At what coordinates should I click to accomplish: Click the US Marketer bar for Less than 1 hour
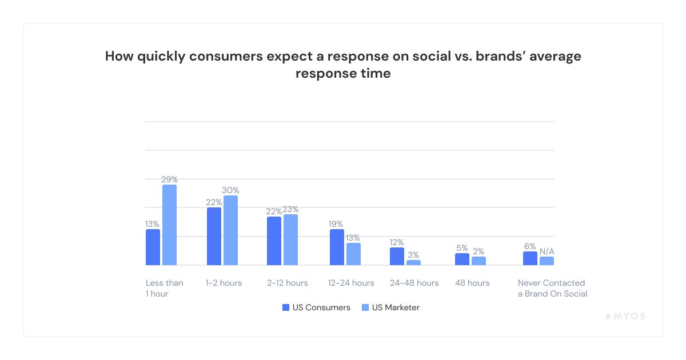tap(169, 225)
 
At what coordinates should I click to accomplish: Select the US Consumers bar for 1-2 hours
tap(214, 237)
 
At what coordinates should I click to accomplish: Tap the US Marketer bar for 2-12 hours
tap(291, 240)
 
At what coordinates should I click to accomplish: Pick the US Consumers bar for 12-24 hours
tap(337, 247)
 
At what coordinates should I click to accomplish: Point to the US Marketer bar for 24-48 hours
tap(413, 263)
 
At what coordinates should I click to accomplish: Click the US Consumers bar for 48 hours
tap(462, 259)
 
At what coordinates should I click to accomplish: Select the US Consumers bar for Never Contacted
tap(530, 258)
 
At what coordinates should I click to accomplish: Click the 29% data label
tap(169, 179)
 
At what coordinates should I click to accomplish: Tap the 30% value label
tap(230, 190)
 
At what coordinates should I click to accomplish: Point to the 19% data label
tap(337, 224)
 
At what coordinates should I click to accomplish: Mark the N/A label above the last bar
tap(547, 251)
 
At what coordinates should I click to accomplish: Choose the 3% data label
tap(414, 255)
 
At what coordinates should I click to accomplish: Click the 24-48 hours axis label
tap(414, 283)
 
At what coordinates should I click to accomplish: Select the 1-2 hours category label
tap(224, 283)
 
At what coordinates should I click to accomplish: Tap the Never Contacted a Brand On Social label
tap(552, 288)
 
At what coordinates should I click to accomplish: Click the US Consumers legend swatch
tap(286, 307)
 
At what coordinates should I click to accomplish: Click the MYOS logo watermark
tap(625, 316)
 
